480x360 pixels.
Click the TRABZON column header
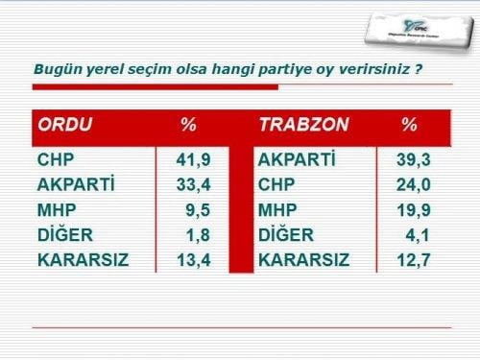click(x=303, y=126)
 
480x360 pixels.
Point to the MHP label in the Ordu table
click(x=56, y=209)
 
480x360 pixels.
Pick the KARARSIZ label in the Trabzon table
click(x=303, y=259)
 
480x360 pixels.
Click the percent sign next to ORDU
click(x=188, y=126)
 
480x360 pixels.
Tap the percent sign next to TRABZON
click(x=409, y=126)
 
